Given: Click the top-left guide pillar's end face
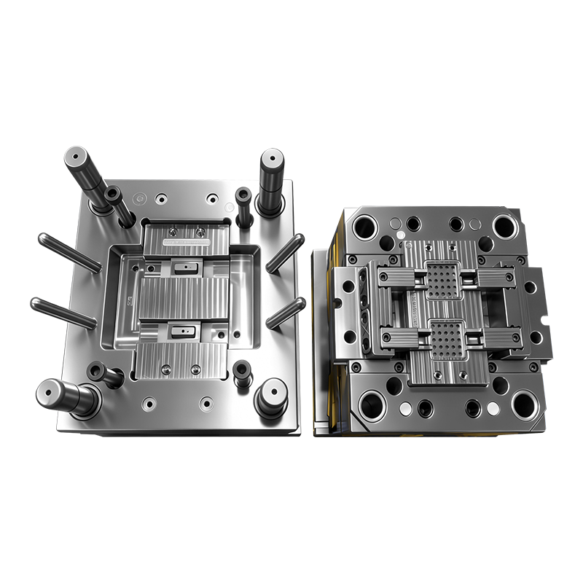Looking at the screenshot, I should [x=75, y=157].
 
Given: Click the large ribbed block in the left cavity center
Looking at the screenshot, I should [x=182, y=300].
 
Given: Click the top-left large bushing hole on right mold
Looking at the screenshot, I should [x=364, y=227].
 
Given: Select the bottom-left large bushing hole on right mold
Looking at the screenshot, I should [x=372, y=404].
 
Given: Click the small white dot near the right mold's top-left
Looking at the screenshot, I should [x=400, y=235].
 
